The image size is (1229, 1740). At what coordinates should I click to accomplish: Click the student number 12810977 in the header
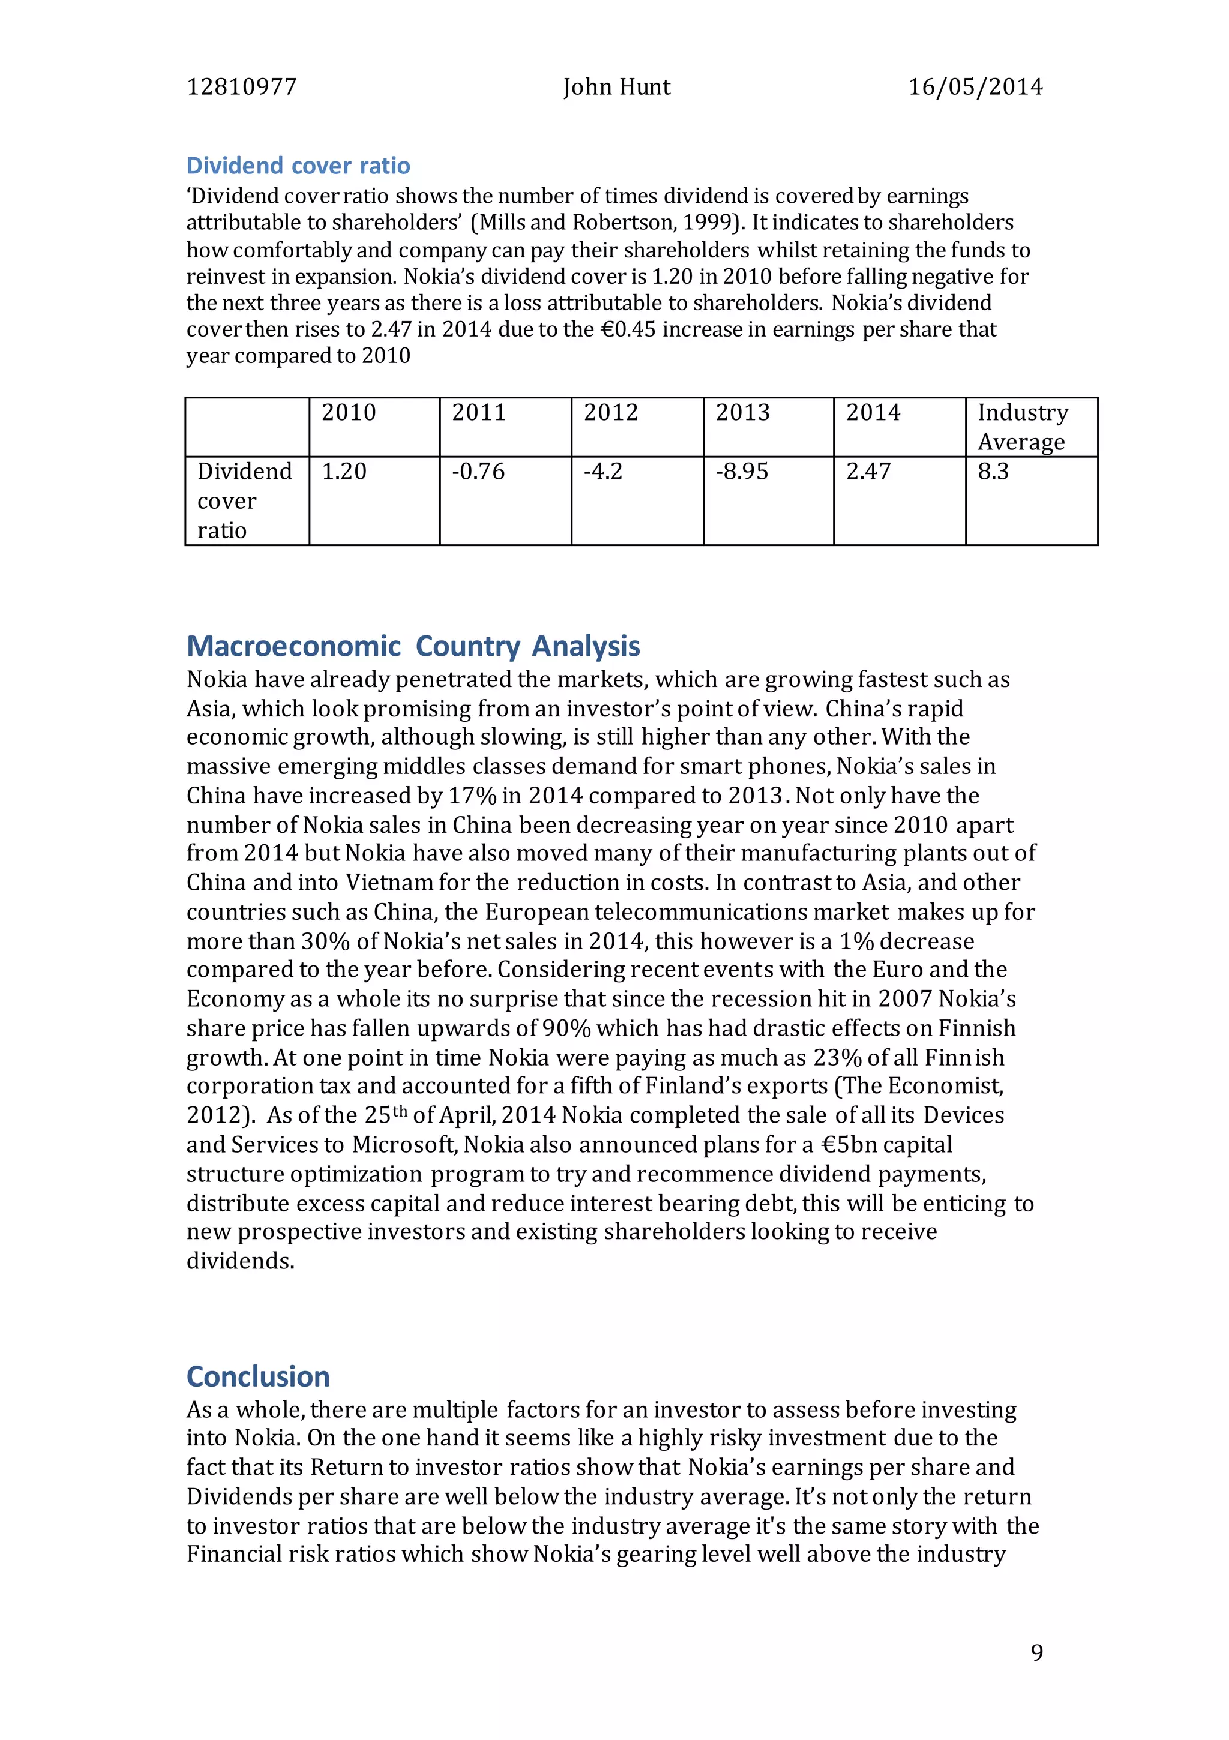pos(241,87)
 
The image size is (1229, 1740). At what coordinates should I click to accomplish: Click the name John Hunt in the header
pos(616,87)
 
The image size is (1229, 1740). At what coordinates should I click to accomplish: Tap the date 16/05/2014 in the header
pos(975,87)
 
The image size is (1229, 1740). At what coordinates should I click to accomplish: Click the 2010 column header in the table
pos(349,413)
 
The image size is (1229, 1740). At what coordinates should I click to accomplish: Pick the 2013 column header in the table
pos(742,413)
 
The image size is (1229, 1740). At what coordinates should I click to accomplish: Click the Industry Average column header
pos(1022,427)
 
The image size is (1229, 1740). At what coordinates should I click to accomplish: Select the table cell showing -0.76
pos(478,472)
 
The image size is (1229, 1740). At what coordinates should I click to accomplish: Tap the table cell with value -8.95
pos(742,472)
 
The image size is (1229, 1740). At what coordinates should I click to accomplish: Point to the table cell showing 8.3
pos(993,472)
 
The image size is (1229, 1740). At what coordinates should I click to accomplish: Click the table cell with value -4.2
pos(602,472)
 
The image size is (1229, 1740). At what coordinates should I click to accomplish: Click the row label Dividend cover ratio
pos(244,501)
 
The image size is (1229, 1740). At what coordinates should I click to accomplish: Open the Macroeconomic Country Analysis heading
pos(413,646)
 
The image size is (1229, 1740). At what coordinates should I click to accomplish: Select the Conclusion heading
pos(258,1376)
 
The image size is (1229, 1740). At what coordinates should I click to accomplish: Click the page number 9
pos(1036,1653)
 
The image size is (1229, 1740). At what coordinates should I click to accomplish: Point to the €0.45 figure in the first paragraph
pos(628,329)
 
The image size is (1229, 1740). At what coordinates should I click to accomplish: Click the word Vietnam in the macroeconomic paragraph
pos(389,883)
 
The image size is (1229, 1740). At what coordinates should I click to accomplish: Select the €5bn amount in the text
pos(853,1145)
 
